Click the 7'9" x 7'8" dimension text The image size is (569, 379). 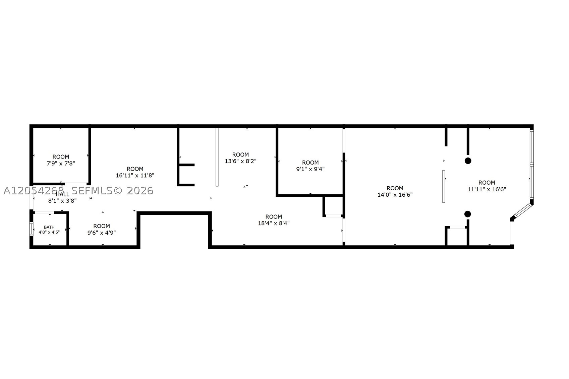(x=61, y=164)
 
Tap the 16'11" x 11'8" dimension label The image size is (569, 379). (x=135, y=175)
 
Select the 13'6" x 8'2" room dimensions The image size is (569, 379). (x=240, y=161)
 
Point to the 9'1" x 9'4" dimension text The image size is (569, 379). (x=310, y=169)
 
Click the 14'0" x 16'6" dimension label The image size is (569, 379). (x=395, y=195)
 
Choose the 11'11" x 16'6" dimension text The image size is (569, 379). (x=487, y=189)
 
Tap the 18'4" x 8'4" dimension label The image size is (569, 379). (x=274, y=223)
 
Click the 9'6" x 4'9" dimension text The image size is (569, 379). (x=102, y=233)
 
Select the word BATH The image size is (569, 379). (x=49, y=227)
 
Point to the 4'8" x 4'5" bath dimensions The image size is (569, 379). (x=49, y=232)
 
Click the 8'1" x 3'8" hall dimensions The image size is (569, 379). (x=62, y=201)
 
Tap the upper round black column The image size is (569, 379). (x=468, y=161)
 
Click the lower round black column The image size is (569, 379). (x=468, y=214)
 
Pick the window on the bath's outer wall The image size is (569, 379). (x=31, y=229)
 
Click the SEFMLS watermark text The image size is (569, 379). (x=92, y=191)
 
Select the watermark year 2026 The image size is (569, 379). (x=140, y=191)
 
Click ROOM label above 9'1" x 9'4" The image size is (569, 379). (x=310, y=163)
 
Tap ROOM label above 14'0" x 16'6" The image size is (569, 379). (x=395, y=188)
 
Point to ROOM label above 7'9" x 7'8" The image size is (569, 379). (x=61, y=157)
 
